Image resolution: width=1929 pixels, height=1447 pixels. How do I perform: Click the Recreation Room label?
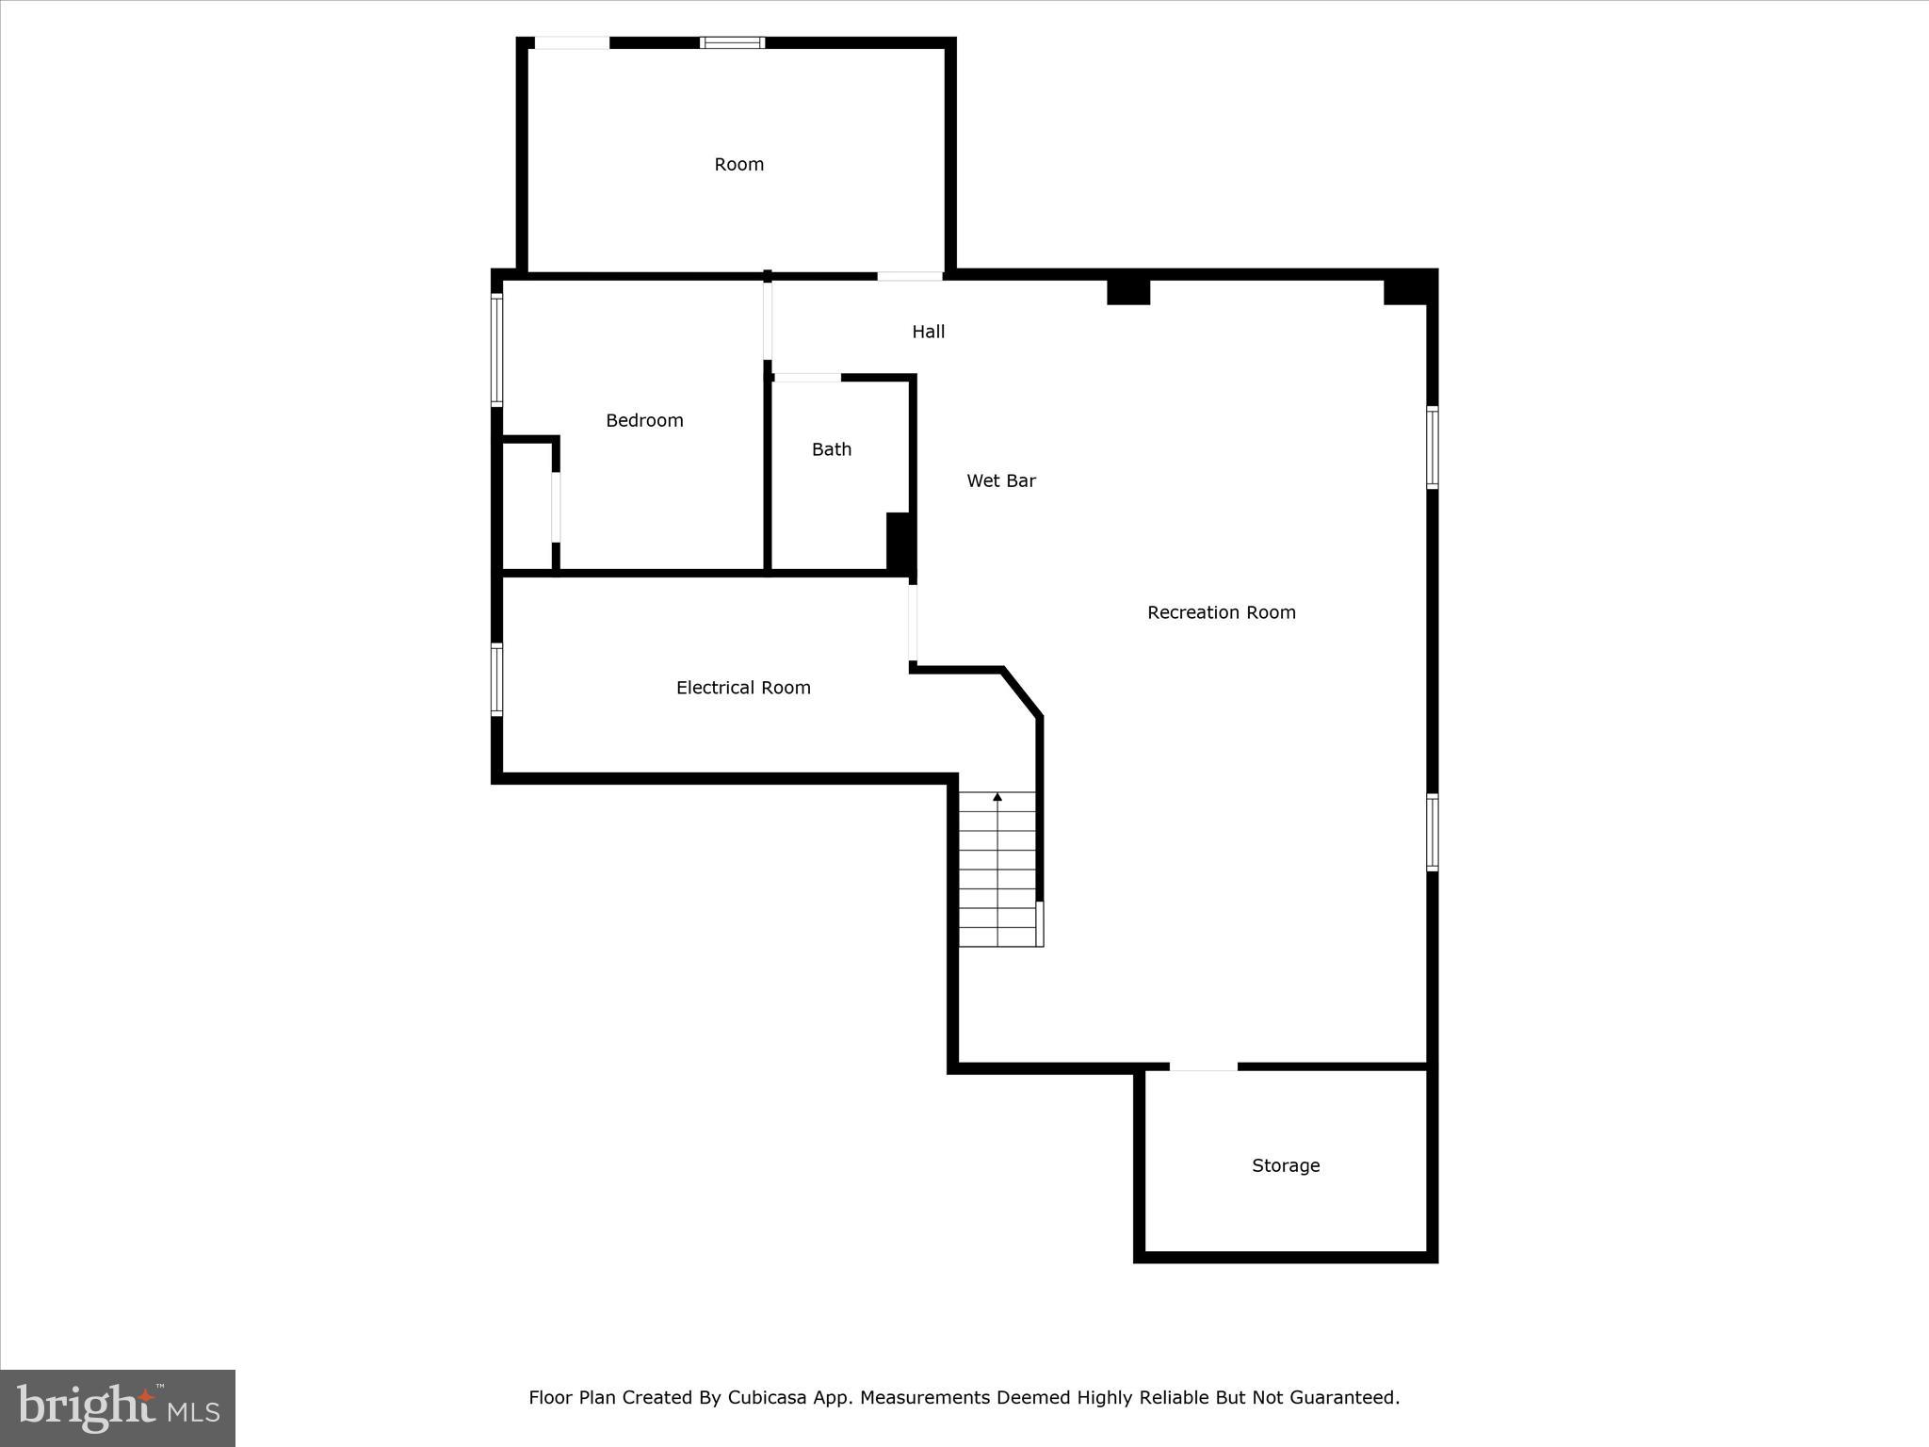(x=1221, y=612)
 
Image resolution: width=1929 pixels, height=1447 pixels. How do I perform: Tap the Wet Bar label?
(x=1000, y=480)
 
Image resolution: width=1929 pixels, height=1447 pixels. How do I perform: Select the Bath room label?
(x=831, y=449)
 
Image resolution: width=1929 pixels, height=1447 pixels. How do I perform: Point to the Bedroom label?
(x=644, y=420)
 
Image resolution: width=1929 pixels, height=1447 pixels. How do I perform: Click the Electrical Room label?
(x=743, y=688)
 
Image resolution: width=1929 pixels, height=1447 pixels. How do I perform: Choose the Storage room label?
(x=1285, y=1165)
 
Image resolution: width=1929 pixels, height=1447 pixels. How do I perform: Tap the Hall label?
(x=928, y=332)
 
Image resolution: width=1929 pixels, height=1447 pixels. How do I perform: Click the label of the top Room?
(x=738, y=164)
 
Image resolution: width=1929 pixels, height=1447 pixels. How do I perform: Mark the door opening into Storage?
(x=1203, y=1066)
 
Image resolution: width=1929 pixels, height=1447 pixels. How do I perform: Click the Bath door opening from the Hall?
(x=807, y=378)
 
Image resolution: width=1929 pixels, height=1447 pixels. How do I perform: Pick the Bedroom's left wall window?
(x=496, y=350)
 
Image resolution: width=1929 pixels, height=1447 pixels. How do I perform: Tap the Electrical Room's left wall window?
(x=496, y=679)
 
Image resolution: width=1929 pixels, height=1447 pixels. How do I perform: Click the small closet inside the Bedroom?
(x=527, y=506)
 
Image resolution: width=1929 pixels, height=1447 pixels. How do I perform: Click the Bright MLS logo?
(x=118, y=1407)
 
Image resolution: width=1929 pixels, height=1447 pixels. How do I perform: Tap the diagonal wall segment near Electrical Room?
(x=1022, y=693)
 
